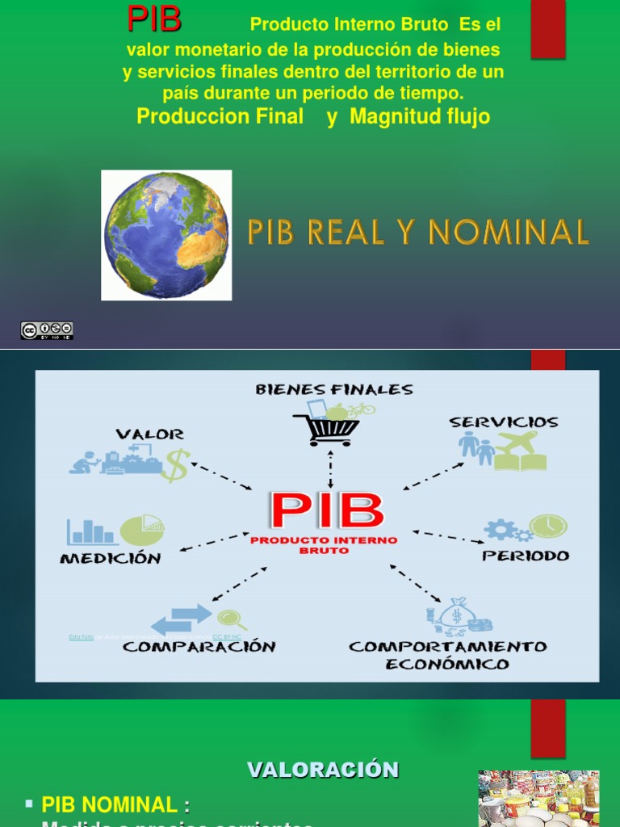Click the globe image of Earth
(x=166, y=235)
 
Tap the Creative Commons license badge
(x=47, y=330)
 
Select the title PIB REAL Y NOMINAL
(x=418, y=233)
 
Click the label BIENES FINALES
(x=334, y=389)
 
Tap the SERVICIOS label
(x=504, y=422)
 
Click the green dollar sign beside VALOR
(x=175, y=465)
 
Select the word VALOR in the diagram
(x=149, y=434)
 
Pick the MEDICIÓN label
(x=111, y=558)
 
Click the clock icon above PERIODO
(x=548, y=526)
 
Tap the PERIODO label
(x=526, y=556)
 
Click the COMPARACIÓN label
(x=199, y=646)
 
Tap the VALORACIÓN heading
(x=322, y=770)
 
